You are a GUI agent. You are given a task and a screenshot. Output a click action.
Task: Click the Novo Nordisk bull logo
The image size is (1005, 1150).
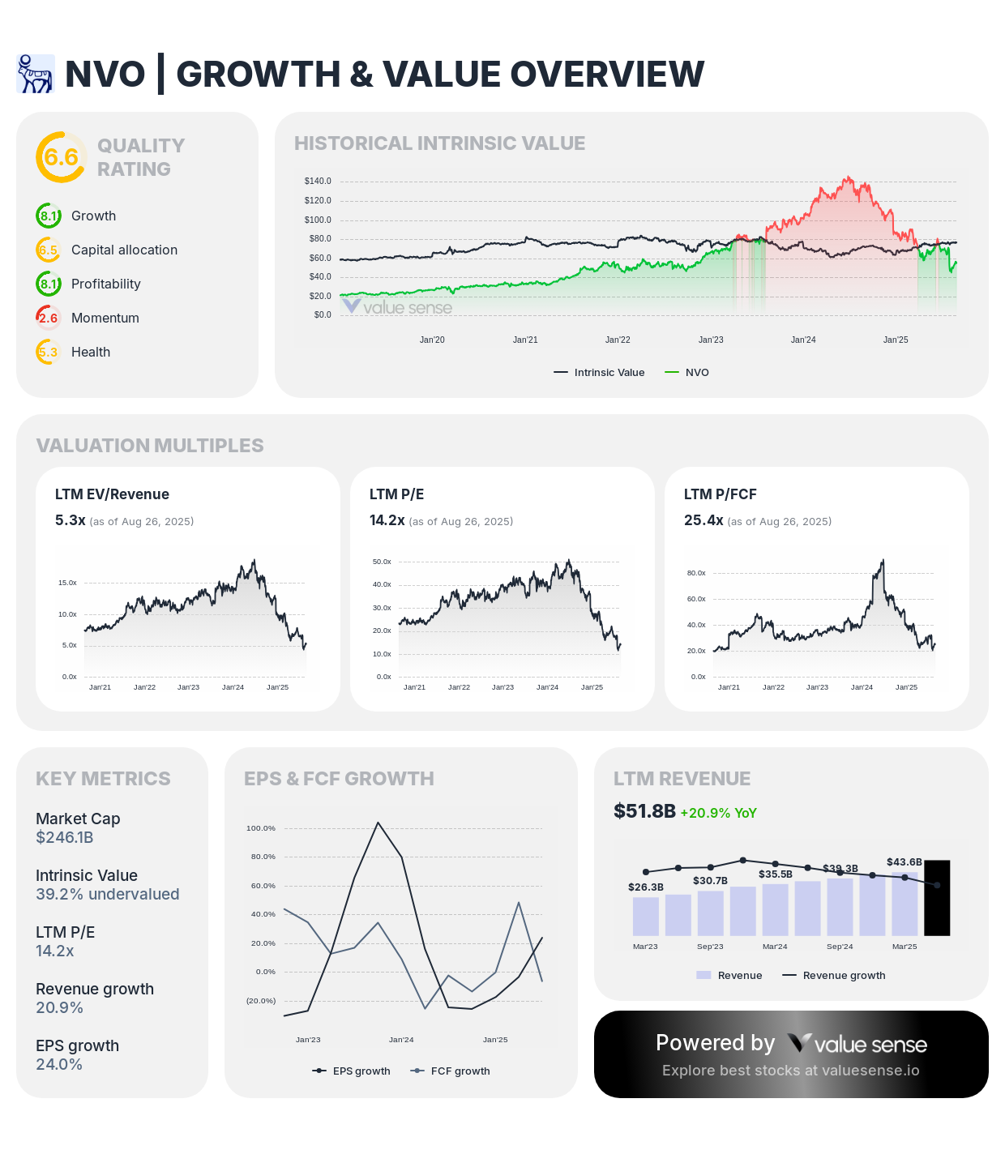[x=36, y=74]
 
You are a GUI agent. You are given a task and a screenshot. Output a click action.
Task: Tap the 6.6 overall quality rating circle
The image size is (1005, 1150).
[x=61, y=157]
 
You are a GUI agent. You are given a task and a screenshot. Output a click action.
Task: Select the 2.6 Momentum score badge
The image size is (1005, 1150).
[x=49, y=318]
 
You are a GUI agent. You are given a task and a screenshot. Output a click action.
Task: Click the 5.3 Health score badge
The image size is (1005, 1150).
[x=49, y=352]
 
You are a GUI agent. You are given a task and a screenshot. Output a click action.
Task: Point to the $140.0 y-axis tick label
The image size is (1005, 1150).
[x=318, y=181]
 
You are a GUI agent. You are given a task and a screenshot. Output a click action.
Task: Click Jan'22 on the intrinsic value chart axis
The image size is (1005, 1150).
[x=618, y=340]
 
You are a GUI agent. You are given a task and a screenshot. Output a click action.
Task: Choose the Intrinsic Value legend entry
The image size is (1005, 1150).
[x=600, y=373]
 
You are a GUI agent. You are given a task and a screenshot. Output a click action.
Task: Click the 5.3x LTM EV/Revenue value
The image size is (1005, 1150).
[x=71, y=520]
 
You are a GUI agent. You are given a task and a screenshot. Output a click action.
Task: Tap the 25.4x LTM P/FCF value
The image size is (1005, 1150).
[x=703, y=520]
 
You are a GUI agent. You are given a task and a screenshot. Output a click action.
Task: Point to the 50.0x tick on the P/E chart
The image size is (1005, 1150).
[x=382, y=562]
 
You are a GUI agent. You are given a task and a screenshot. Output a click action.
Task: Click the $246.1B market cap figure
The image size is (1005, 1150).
[x=65, y=837]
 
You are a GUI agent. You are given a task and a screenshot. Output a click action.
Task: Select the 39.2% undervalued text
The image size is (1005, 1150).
[x=107, y=894]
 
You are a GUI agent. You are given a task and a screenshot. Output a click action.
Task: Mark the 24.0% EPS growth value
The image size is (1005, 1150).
[x=59, y=1064]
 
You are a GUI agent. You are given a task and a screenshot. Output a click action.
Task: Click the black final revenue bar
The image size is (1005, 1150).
[x=937, y=897]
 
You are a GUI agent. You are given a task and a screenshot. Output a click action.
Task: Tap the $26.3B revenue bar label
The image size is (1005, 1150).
[x=646, y=887]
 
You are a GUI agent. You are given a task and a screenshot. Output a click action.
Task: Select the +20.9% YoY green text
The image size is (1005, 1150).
[x=718, y=813]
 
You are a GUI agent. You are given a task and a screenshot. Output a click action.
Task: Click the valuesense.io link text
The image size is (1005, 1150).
[x=870, y=1071]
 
